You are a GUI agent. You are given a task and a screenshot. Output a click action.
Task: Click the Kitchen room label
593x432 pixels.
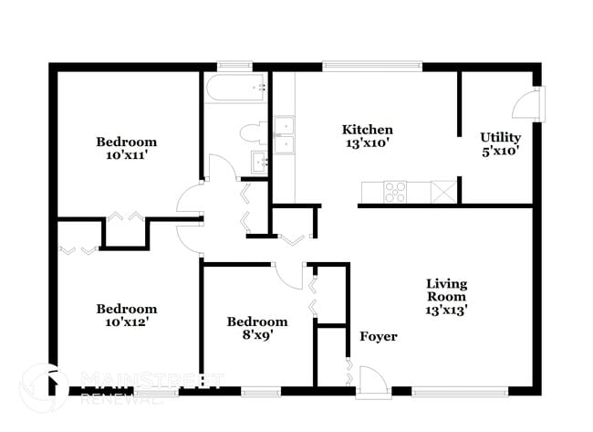[368, 130]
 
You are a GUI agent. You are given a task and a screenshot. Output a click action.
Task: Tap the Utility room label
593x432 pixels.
[500, 138]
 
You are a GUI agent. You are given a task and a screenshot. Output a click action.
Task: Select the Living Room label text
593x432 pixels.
[446, 290]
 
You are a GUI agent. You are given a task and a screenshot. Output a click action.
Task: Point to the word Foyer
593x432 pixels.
[378, 337]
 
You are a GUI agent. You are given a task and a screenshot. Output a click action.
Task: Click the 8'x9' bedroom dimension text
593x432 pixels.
[256, 335]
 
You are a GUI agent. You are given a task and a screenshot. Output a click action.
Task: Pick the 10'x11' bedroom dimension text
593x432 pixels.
[126, 155]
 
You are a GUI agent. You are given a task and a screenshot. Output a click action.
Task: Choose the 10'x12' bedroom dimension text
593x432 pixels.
[126, 322]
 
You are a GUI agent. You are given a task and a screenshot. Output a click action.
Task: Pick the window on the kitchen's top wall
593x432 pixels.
[372, 66]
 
